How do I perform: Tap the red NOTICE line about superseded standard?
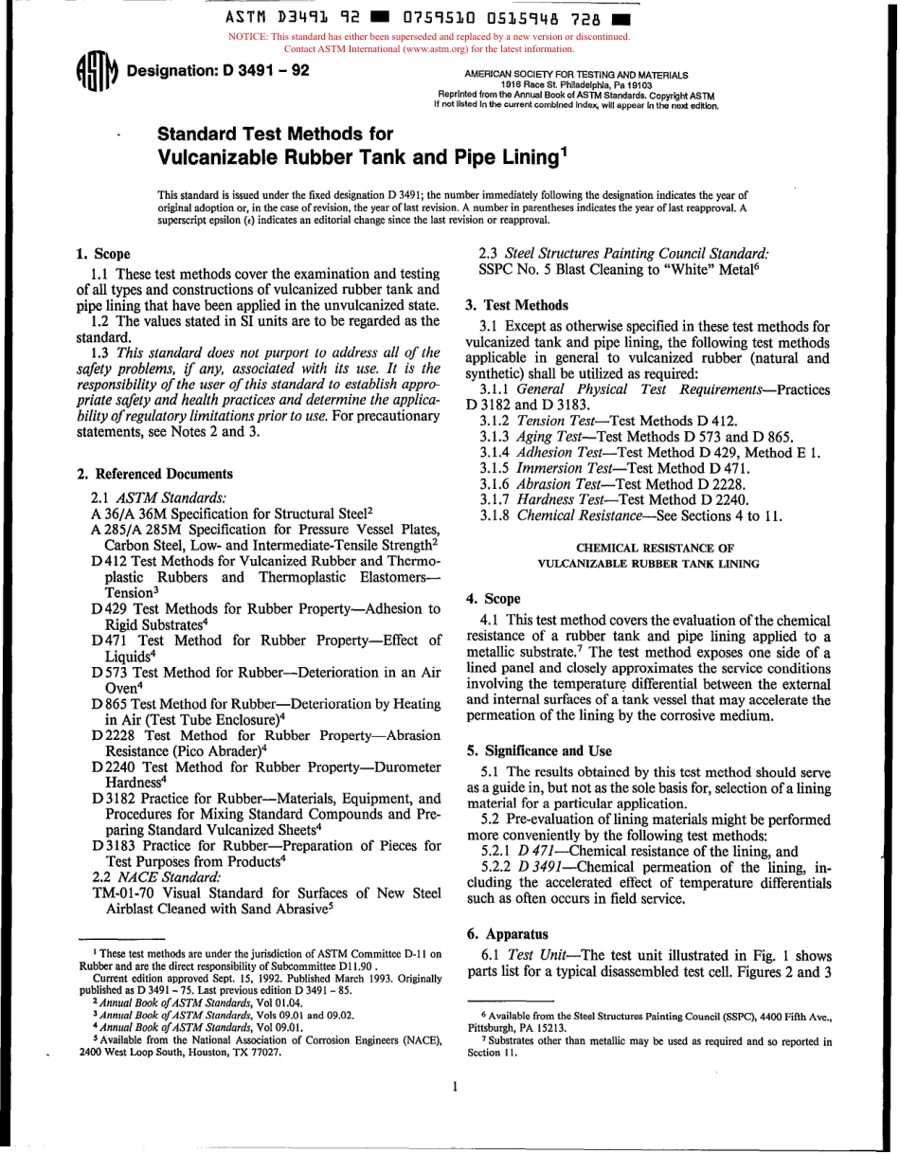[x=429, y=37]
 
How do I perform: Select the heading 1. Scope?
[x=102, y=254]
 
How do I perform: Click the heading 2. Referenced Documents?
[x=153, y=474]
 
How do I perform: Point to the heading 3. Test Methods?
[x=517, y=305]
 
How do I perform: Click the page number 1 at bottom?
[x=455, y=1087]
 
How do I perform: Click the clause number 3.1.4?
[x=496, y=453]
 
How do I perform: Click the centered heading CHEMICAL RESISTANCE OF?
[x=648, y=548]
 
